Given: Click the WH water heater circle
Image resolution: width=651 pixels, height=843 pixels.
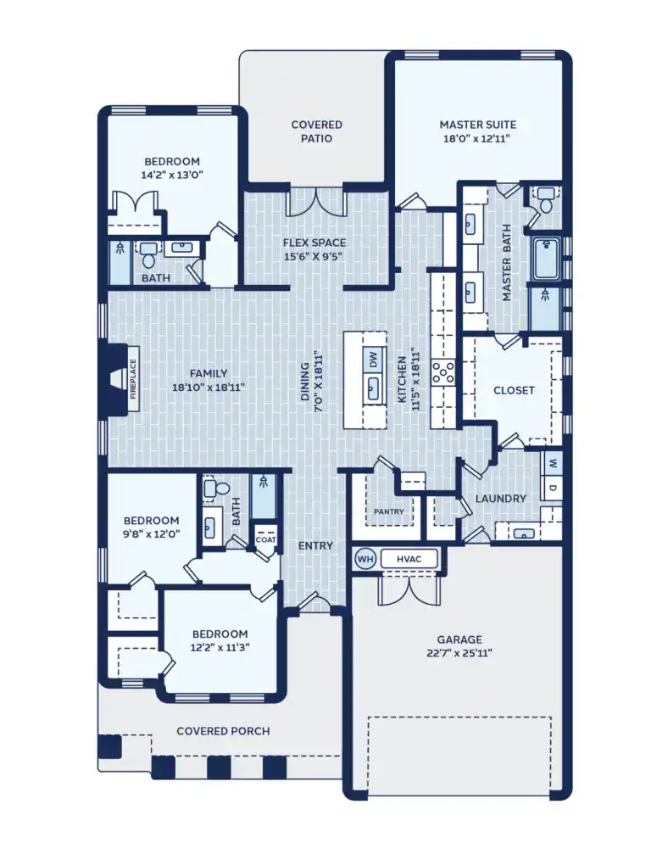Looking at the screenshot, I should tap(365, 559).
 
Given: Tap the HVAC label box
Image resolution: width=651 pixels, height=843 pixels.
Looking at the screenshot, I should tap(409, 559).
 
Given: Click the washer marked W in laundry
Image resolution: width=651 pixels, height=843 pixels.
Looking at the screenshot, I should tap(552, 464).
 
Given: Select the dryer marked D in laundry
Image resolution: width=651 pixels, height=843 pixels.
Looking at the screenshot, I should tap(552, 489).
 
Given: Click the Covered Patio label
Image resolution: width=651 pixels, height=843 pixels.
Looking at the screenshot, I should tap(316, 131).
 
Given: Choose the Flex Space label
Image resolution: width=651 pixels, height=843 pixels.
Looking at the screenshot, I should tap(314, 243).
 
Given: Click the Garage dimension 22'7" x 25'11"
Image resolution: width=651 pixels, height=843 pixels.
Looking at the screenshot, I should tap(459, 653).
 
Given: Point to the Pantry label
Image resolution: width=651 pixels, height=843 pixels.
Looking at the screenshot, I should tap(389, 511).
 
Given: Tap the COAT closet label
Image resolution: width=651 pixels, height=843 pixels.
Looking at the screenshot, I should tap(265, 539).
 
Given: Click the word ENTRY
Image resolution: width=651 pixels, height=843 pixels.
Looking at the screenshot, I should tap(315, 545).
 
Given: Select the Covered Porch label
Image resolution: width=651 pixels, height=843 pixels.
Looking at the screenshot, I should tap(223, 731).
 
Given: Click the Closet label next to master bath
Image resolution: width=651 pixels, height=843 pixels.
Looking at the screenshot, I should tap(514, 390).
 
